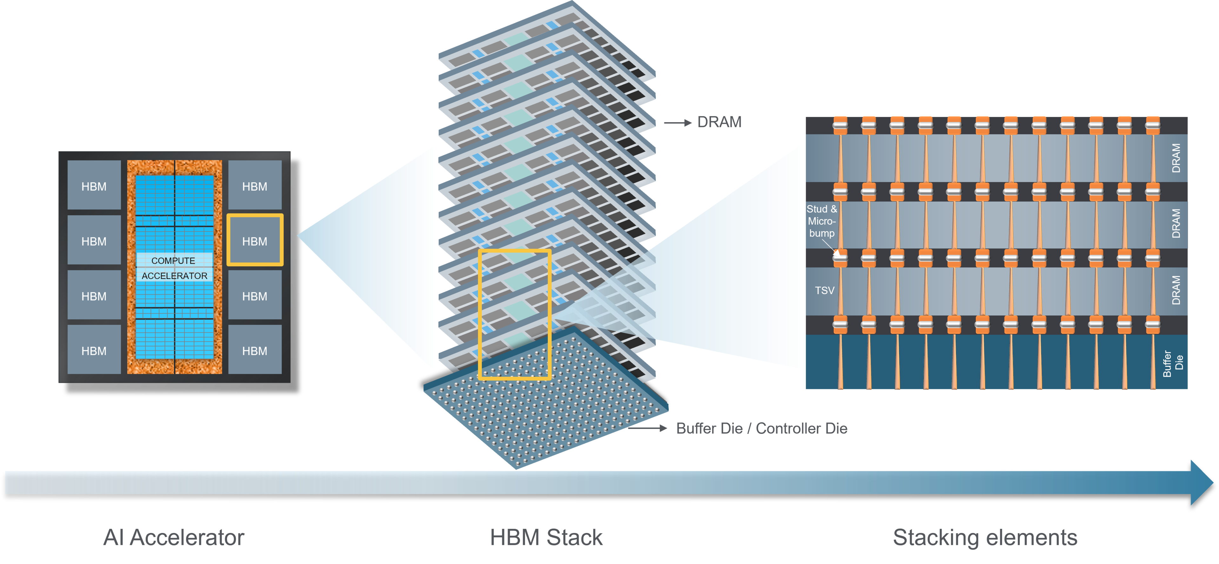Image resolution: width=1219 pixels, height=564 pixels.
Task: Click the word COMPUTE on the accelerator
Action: (x=173, y=260)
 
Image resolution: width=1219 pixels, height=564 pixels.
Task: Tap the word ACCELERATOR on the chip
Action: (x=174, y=276)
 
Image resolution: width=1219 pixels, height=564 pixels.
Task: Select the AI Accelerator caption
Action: (x=174, y=538)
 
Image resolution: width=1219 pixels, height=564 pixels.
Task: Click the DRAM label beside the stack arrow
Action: (x=719, y=122)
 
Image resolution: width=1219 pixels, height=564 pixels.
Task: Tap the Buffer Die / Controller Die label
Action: (x=762, y=428)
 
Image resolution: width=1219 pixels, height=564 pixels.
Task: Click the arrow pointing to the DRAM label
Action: (x=678, y=123)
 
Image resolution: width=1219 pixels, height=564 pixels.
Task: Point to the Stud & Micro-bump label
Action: (x=822, y=221)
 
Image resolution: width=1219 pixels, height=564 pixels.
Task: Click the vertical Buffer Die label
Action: (x=1173, y=363)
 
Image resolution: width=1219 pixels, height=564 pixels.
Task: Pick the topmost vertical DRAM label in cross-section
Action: (x=1176, y=158)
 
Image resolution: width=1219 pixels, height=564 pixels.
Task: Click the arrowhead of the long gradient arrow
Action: (x=1201, y=482)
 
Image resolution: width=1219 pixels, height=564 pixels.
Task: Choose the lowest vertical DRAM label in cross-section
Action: (x=1176, y=290)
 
